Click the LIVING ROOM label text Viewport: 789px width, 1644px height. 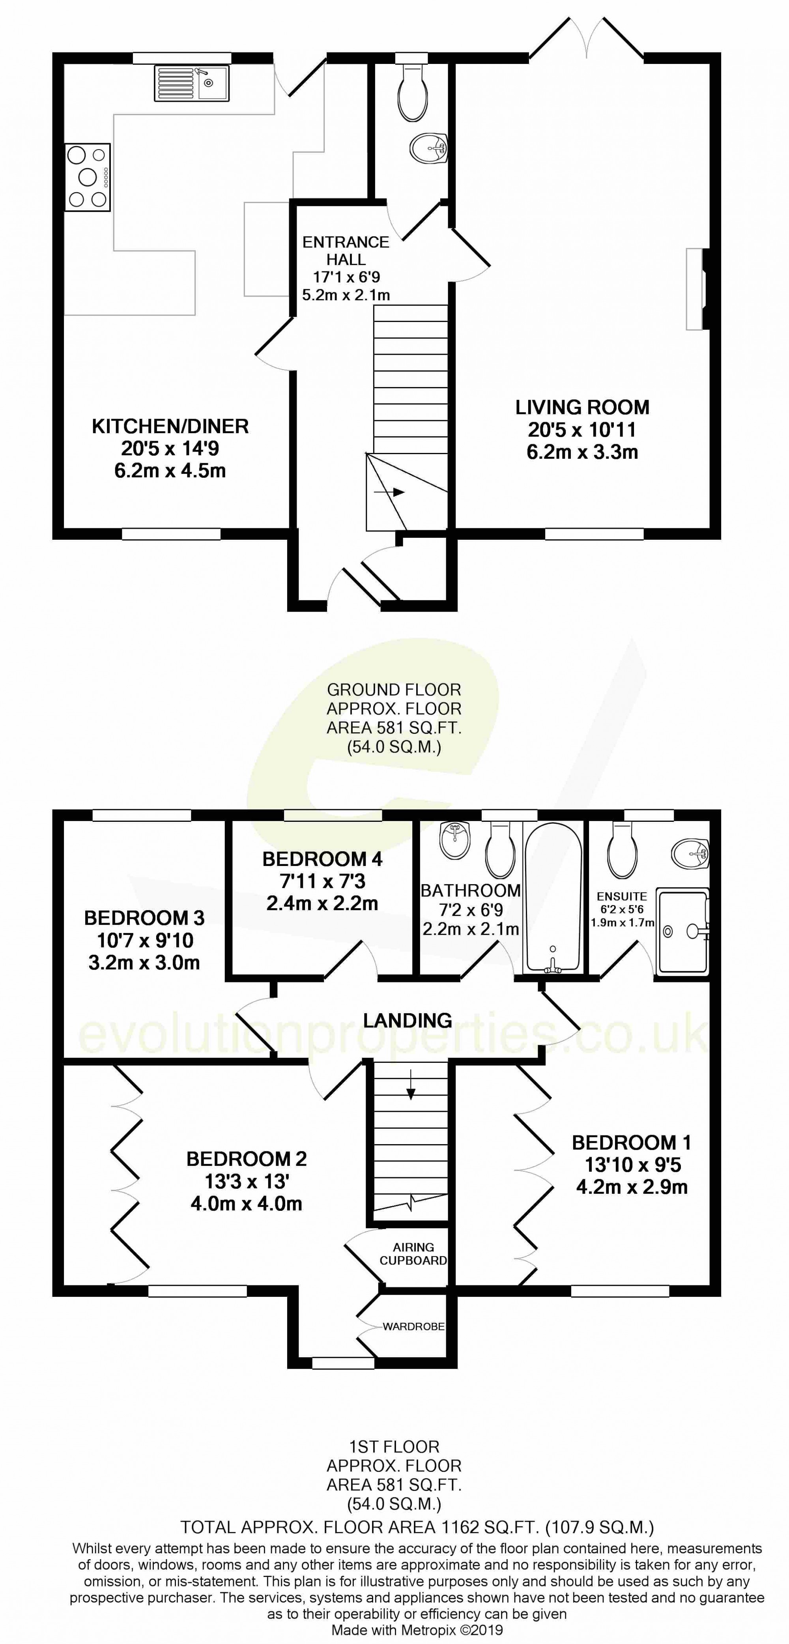582,407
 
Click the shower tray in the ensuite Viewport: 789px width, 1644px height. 683,932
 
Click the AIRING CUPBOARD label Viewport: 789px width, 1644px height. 413,1253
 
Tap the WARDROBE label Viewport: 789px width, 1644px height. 413,1326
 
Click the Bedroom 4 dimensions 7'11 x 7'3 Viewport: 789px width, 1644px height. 322,881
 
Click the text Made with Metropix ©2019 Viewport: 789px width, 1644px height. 417,1629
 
